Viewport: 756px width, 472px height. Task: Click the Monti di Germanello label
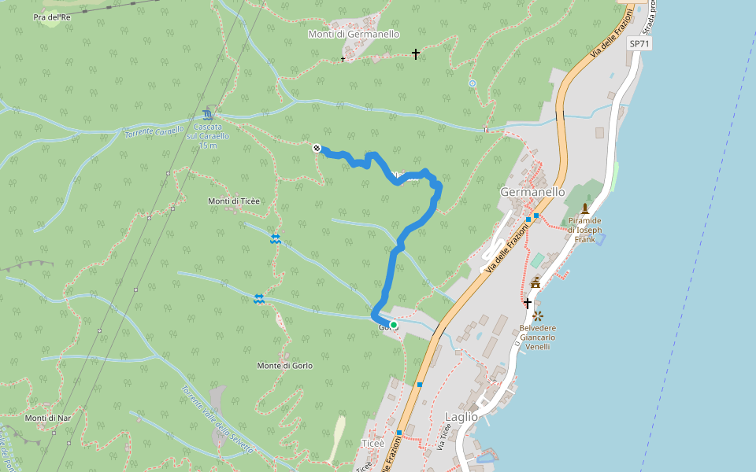click(x=354, y=35)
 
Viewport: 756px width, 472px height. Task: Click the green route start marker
click(x=394, y=324)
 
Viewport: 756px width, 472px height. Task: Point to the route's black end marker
click(x=317, y=148)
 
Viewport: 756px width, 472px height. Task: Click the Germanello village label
click(x=532, y=192)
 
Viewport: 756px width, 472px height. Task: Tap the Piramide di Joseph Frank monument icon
click(x=585, y=208)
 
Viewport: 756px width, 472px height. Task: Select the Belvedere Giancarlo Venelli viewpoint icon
click(x=538, y=316)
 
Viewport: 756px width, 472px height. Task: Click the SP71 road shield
click(x=639, y=44)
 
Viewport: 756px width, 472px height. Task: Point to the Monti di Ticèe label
click(x=234, y=201)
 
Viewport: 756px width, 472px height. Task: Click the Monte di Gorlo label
click(x=285, y=366)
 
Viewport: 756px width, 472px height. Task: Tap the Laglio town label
click(x=461, y=417)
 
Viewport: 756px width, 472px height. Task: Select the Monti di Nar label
click(x=48, y=418)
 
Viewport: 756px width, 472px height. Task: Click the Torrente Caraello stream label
click(x=154, y=131)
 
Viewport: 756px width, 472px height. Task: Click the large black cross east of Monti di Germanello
click(x=416, y=54)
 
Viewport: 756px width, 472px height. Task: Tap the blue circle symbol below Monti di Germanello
click(x=472, y=83)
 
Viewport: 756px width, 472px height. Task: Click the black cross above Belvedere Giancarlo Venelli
click(x=528, y=303)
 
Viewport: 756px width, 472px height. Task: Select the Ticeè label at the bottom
click(x=372, y=443)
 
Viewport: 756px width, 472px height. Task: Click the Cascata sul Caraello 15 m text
click(x=208, y=136)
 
